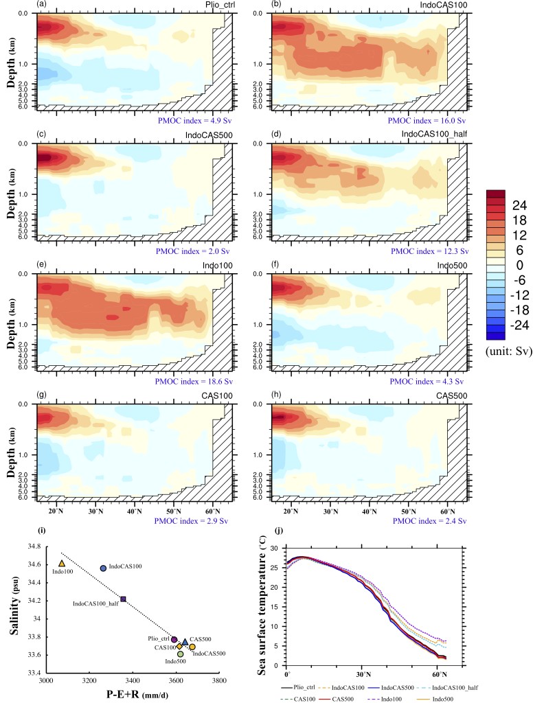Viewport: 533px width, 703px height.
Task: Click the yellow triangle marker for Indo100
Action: [62, 563]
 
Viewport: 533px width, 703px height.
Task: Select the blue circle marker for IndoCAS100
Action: [104, 568]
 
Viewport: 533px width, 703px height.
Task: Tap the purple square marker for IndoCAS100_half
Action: [123, 599]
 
